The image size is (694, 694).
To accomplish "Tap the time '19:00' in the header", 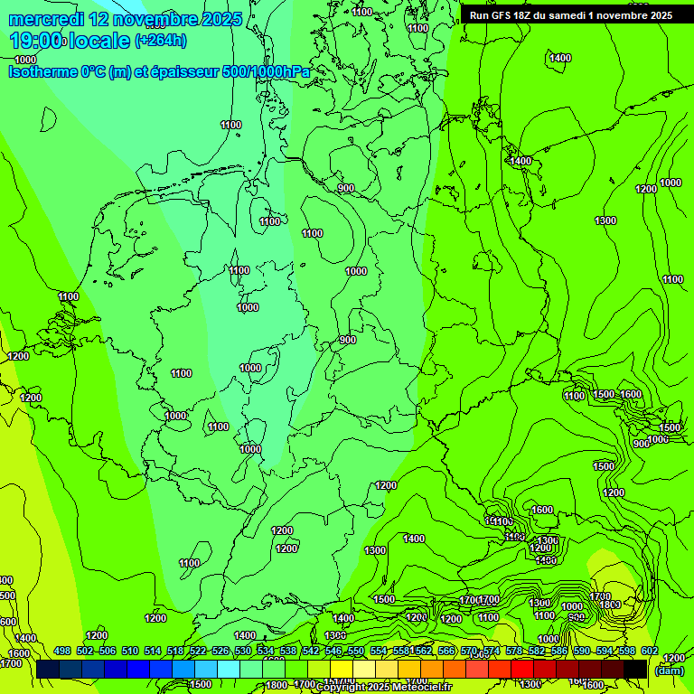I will pos(36,41).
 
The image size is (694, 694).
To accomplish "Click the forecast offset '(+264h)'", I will pos(161,41).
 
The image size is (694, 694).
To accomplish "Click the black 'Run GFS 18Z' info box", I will pos(571,15).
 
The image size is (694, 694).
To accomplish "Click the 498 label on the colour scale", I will pos(62,652).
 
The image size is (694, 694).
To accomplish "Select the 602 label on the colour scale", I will pos(650,652).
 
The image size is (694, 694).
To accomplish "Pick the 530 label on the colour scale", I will pos(243,652).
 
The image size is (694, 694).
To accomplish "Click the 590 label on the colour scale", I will pos(582,652).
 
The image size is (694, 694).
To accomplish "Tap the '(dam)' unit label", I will pos(670,671).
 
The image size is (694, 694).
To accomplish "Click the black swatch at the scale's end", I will pos(635,670).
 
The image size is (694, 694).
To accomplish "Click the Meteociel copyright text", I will pos(383,688).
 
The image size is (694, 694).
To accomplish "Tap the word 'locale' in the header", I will pos(99,41).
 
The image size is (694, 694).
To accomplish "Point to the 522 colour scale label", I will pos(198,652).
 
